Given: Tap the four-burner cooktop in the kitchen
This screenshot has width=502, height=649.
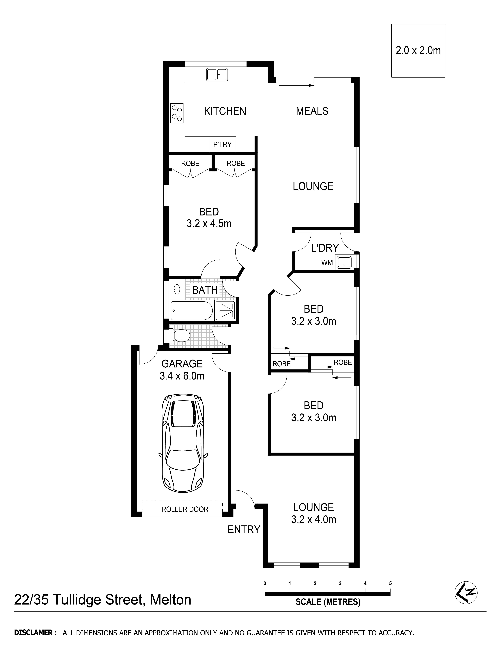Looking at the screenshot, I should [177, 113].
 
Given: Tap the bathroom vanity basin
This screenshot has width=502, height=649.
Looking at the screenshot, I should [177, 289].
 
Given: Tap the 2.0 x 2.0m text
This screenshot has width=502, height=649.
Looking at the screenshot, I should [418, 51].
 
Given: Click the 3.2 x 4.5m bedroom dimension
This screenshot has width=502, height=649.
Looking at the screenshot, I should [209, 223].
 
